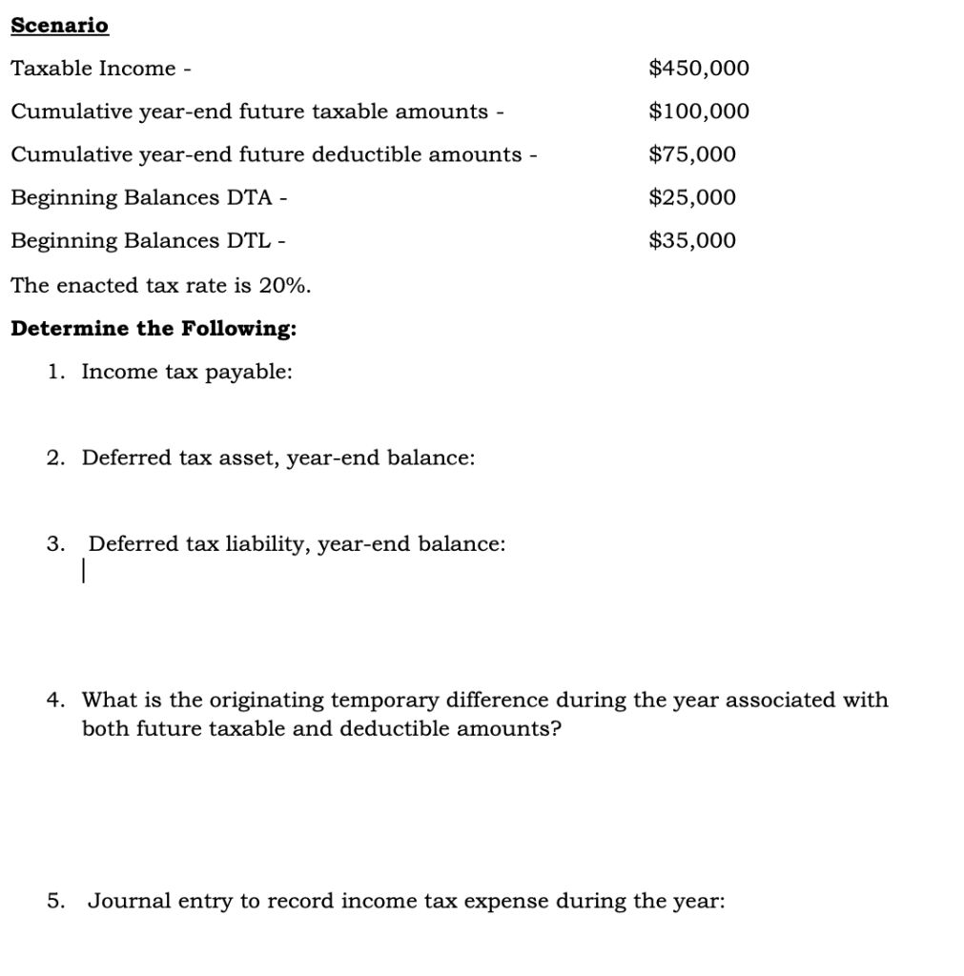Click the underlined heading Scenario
click(59, 26)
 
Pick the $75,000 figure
click(691, 154)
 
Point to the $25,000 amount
click(691, 197)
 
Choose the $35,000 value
click(691, 240)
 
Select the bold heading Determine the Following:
click(153, 329)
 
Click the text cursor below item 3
click(84, 571)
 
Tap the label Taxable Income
click(93, 69)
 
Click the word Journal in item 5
click(125, 901)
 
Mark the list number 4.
click(55, 701)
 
